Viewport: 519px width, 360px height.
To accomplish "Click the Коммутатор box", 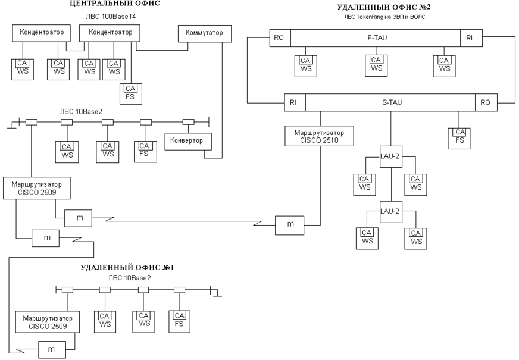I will [204, 33].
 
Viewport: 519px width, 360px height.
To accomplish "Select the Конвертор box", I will [184, 141].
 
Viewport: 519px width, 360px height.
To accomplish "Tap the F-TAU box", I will [375, 37].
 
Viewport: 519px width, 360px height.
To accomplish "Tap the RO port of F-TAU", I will [279, 37].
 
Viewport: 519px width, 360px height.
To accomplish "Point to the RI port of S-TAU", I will [294, 102].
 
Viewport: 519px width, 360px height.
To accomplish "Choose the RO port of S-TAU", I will [485, 102].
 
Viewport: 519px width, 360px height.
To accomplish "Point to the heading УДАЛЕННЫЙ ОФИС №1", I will [127, 267].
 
